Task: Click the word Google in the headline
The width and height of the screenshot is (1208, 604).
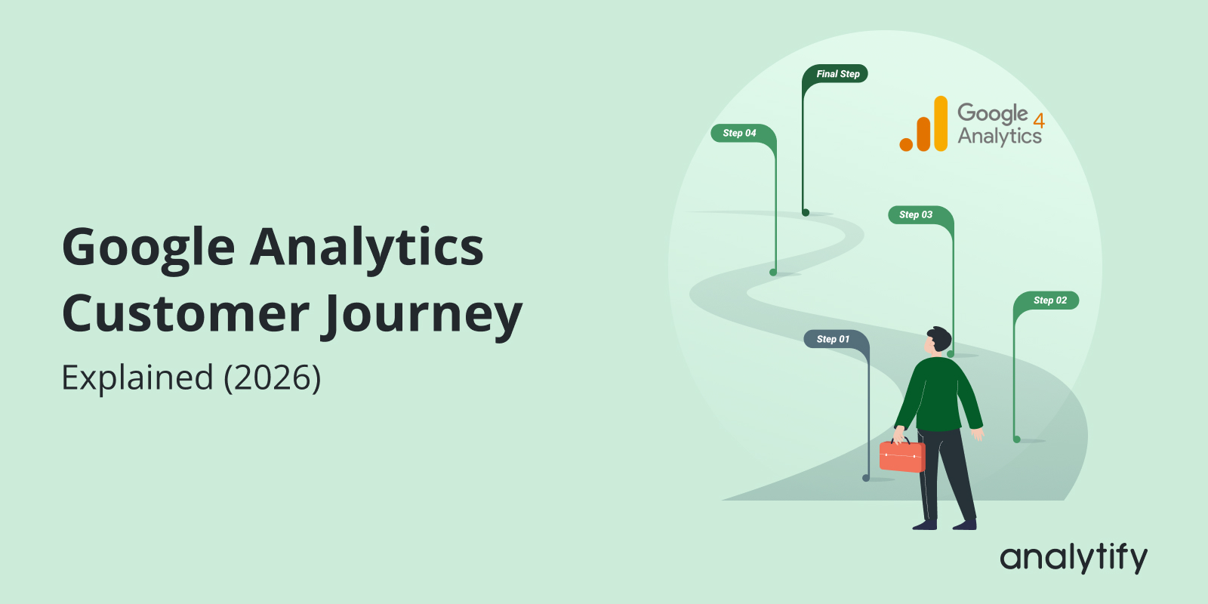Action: (x=149, y=248)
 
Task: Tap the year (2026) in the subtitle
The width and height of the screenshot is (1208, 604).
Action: (x=272, y=377)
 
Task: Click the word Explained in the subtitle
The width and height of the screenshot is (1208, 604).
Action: (x=137, y=377)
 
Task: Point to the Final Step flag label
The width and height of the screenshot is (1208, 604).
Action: (x=837, y=74)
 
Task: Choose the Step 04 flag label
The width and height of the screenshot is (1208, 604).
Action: (x=739, y=133)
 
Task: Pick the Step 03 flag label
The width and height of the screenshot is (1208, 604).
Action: (x=916, y=214)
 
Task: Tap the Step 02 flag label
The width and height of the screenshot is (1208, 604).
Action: (x=1050, y=300)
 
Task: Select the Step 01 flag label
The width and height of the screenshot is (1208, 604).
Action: (x=833, y=339)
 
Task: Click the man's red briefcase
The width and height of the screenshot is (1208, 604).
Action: (x=901, y=456)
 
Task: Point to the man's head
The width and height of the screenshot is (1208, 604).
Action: (x=937, y=341)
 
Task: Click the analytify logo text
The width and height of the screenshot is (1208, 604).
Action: (x=1073, y=558)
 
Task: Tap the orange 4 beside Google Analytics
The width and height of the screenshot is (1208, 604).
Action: (x=1039, y=121)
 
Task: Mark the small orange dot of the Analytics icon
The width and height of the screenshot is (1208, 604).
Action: (x=906, y=143)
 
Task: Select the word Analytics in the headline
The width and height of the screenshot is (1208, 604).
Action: (x=367, y=248)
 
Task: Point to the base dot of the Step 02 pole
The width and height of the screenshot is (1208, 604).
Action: (x=1017, y=439)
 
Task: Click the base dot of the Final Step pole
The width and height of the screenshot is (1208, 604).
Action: (x=806, y=213)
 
